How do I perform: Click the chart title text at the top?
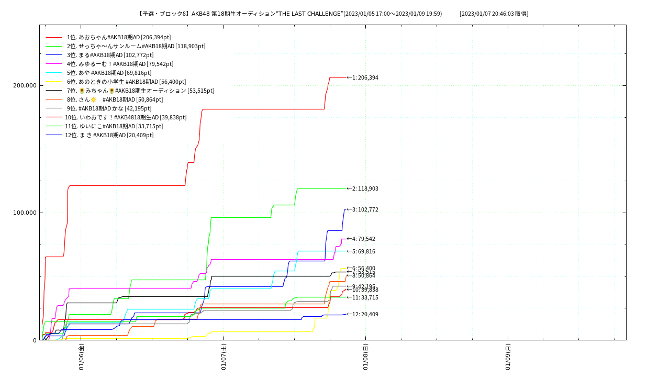pyautogui.click(x=290, y=14)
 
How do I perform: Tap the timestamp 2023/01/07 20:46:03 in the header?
pyautogui.click(x=494, y=14)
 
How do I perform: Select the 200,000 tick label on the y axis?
pyautogui.click(x=25, y=85)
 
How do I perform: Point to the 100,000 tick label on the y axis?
pyautogui.click(x=25, y=213)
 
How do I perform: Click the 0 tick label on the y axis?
pyautogui.click(x=35, y=340)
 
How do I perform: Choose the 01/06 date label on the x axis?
pyautogui.click(x=81, y=357)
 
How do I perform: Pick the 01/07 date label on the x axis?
pyautogui.click(x=224, y=357)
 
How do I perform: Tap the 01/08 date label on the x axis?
pyautogui.click(x=365, y=357)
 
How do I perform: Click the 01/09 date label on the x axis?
pyautogui.click(x=508, y=357)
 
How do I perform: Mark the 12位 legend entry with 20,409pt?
pyautogui.click(x=109, y=135)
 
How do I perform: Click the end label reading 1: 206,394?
pyautogui.click(x=365, y=77)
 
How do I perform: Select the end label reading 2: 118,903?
pyautogui.click(x=365, y=188)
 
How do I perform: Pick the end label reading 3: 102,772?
pyautogui.click(x=365, y=209)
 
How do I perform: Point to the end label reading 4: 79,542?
pyautogui.click(x=363, y=239)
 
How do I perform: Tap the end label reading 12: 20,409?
pyautogui.click(x=365, y=314)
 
